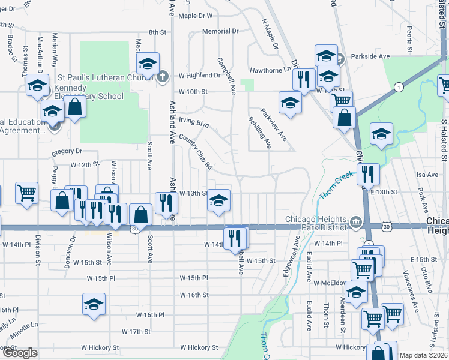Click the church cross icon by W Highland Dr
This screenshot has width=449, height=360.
(163, 76)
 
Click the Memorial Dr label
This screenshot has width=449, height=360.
(220, 31)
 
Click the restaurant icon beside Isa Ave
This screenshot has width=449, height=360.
(368, 174)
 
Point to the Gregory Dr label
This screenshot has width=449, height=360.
(66, 151)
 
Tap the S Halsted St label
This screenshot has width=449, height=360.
(444, 140)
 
